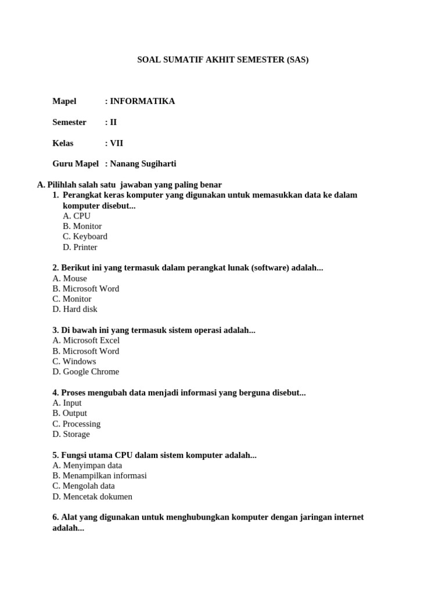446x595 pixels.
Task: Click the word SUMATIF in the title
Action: (x=179, y=59)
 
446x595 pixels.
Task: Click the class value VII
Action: (x=116, y=143)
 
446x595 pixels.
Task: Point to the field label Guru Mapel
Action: (x=75, y=164)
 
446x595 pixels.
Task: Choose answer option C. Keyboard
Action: (x=85, y=236)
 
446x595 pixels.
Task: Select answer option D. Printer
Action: (x=80, y=247)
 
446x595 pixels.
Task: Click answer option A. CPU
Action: (x=77, y=216)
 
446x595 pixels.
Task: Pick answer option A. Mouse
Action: (x=70, y=278)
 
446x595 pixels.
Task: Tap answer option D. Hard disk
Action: (x=75, y=309)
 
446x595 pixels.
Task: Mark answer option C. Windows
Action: (x=74, y=361)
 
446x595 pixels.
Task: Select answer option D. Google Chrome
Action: (x=85, y=372)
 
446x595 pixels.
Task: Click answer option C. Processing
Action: (x=76, y=424)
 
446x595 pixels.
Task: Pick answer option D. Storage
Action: (x=71, y=434)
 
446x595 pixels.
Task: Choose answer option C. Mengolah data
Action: (x=84, y=486)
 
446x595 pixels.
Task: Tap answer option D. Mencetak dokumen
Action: (x=92, y=496)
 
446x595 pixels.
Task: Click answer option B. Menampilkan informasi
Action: (x=99, y=475)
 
